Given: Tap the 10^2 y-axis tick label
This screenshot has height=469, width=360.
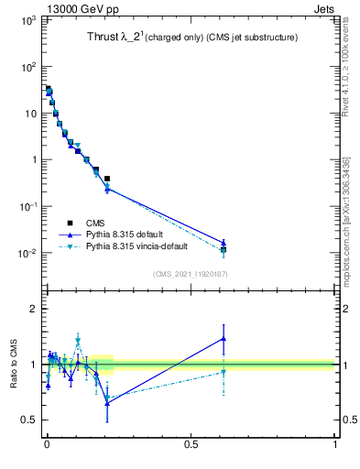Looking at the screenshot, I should coord(26,66).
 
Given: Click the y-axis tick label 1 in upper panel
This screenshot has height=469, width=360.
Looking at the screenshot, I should coord(33,159).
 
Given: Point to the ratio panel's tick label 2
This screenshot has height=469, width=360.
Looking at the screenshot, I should coord(34,309).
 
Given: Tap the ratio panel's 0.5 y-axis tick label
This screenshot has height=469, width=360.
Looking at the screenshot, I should coord(29,420).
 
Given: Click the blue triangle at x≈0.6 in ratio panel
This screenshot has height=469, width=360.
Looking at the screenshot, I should coord(224,338).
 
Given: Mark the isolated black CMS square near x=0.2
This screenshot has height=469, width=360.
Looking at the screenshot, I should coord(107,179).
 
